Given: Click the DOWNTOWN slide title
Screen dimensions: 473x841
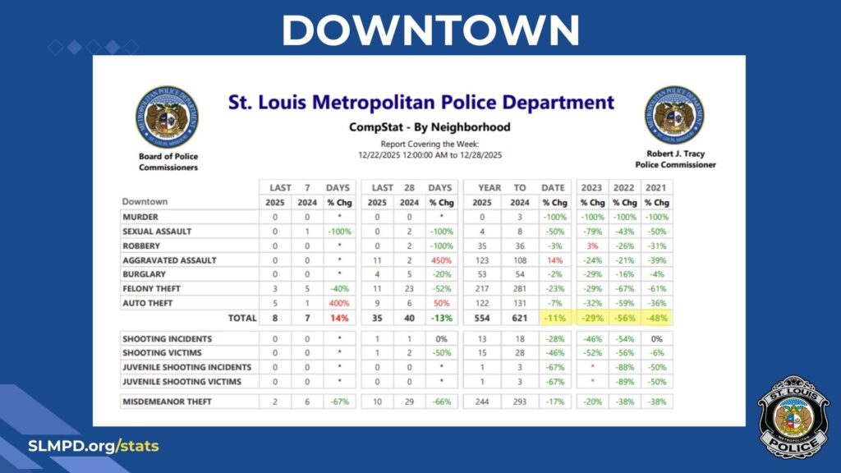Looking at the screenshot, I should tap(430, 30).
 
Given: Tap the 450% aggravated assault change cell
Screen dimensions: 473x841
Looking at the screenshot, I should tap(440, 260).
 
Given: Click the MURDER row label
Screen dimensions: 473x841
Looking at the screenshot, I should tap(140, 218).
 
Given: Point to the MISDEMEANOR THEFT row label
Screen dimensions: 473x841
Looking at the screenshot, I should tap(167, 402).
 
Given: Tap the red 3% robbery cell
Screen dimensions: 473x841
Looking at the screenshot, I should tap(591, 246).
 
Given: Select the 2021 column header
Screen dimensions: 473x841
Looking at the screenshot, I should tap(655, 187).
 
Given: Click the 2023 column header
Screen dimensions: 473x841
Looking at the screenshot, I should tap(591, 187).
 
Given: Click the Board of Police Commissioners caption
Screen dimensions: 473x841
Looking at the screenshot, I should tap(168, 162).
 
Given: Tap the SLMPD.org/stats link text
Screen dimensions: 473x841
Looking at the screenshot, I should tap(94, 447).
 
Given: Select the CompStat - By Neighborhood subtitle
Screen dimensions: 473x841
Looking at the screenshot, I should tap(430, 127).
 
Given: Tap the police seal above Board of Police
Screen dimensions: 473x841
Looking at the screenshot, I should tap(168, 116).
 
